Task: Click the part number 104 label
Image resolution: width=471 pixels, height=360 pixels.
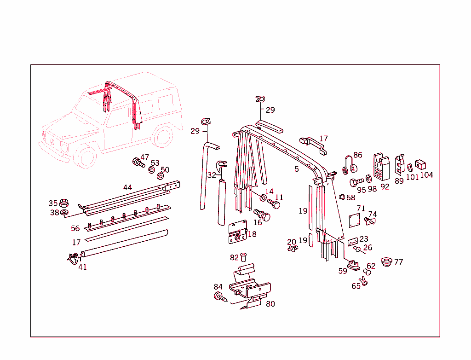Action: point(426,175)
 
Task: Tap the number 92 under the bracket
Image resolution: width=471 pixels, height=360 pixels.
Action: point(385,187)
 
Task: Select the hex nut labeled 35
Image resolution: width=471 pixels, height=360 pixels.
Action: point(63,203)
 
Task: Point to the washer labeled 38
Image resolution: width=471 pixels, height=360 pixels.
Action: point(64,213)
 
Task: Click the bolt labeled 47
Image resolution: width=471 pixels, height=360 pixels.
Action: point(138,163)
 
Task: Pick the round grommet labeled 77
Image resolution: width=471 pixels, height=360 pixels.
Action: point(386,261)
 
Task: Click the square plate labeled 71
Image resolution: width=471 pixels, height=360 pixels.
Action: point(355,221)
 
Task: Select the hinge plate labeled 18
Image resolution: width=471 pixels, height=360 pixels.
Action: point(238,232)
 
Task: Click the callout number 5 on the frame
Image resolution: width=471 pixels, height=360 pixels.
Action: point(297,169)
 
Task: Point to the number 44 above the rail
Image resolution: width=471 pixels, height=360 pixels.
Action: point(128,187)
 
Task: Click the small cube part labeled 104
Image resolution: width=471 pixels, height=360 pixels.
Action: point(420,164)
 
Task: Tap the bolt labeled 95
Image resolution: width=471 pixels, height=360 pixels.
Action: point(356,182)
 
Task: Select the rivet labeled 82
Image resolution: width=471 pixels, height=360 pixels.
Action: point(243,257)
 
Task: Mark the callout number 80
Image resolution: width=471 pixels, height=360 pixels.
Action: point(270,304)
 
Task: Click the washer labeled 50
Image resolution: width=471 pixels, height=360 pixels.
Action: point(161,176)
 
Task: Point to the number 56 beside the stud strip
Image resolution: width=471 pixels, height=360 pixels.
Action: point(75,229)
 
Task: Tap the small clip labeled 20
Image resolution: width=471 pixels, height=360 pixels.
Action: point(293,249)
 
